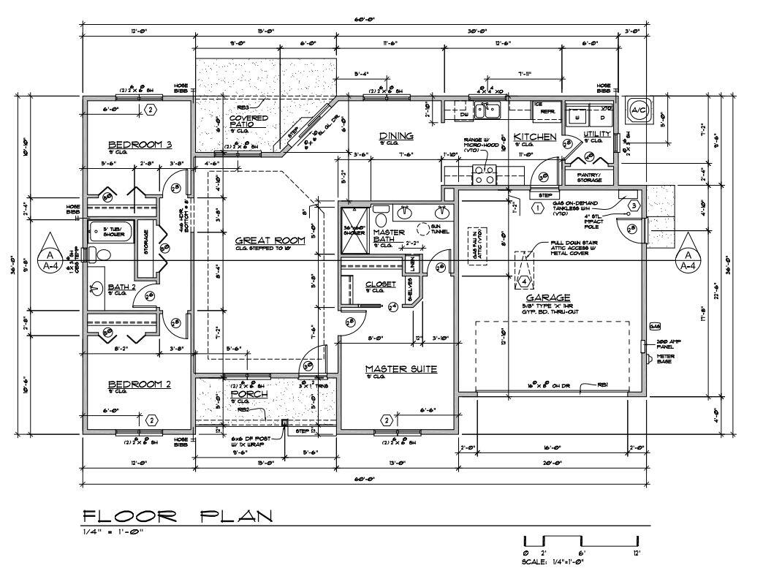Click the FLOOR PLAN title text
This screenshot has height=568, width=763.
(x=178, y=517)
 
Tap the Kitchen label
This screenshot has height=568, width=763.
(x=534, y=137)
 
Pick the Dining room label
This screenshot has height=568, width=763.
(x=396, y=136)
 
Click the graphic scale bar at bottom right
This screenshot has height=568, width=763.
(x=582, y=543)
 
